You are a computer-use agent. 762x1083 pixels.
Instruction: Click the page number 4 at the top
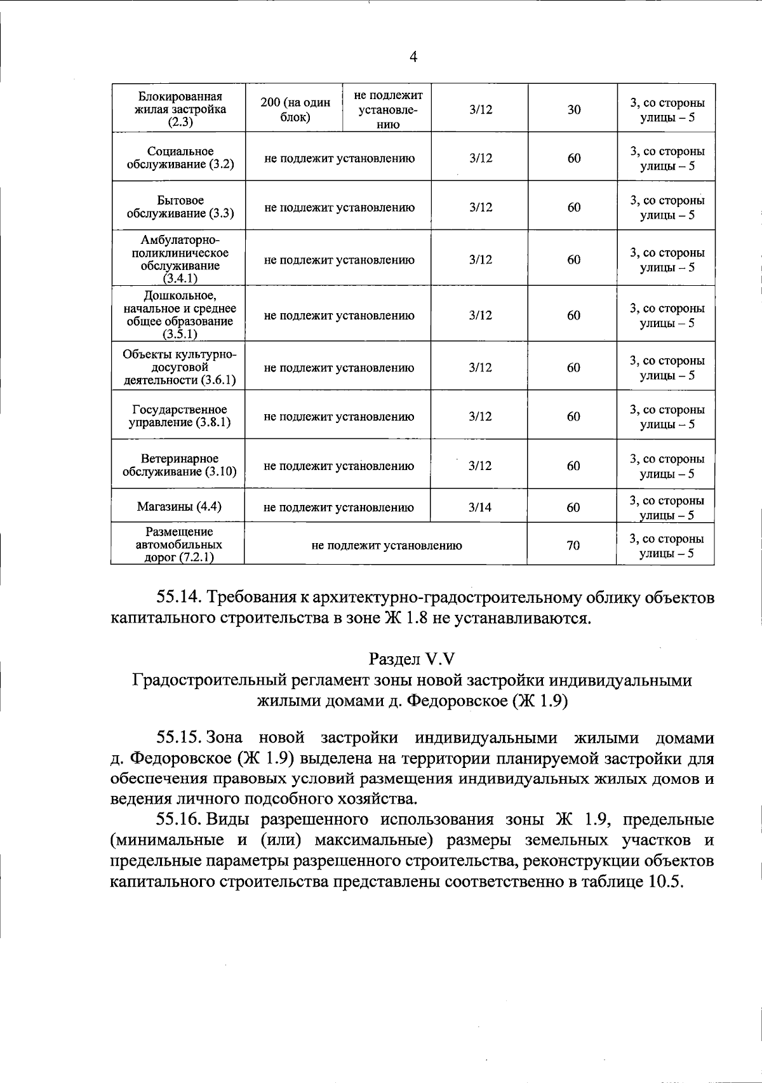tap(413, 57)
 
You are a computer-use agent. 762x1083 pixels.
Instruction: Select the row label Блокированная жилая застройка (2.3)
tap(180, 109)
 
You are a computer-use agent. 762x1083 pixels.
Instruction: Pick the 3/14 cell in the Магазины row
tap(480, 507)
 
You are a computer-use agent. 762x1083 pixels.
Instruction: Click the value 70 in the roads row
tap(573, 545)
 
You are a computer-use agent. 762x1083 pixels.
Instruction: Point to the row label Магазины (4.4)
tap(179, 507)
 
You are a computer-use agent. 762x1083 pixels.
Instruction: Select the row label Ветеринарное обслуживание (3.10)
tap(179, 466)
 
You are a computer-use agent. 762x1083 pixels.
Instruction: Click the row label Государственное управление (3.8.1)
tap(179, 416)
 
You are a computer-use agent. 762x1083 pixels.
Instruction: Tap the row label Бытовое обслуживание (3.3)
tap(180, 207)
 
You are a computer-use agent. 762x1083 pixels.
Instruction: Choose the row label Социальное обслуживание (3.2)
tap(180, 158)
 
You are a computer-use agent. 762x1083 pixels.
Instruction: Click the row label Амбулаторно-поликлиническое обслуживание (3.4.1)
tap(180, 259)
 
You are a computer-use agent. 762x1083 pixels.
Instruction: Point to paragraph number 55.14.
tap(179, 598)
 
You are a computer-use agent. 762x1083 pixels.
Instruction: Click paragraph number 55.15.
tap(179, 738)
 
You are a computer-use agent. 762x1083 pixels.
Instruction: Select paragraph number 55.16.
tap(179, 820)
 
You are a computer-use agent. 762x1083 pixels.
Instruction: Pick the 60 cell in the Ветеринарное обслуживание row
tap(573, 466)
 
